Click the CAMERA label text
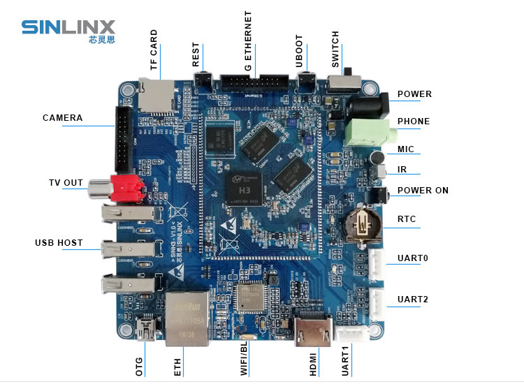tap(62, 118)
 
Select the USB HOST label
tap(59, 243)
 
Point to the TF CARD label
tap(154, 50)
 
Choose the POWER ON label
tap(423, 191)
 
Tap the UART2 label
tap(413, 300)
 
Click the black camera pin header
tap(123, 140)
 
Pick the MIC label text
tap(406, 149)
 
